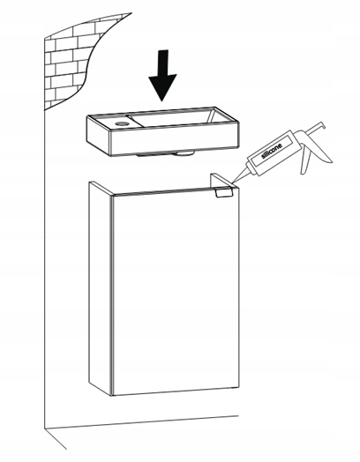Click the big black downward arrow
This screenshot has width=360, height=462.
pos(162,75)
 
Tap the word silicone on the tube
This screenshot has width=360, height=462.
pos(272,151)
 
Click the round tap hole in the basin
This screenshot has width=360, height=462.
pos(122,123)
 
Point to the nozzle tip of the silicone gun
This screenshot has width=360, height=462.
pos(232,183)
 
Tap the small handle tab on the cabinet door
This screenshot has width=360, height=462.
pos(224,192)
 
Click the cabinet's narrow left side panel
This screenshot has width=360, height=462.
pos(101,288)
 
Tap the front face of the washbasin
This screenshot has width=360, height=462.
pos(174,140)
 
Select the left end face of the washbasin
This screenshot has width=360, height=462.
pos(99,134)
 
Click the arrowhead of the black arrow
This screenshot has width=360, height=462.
pos(162,87)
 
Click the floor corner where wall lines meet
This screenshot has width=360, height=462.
pos(45,428)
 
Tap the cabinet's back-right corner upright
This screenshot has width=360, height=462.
pos(217,181)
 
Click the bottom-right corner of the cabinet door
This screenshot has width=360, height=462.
pos(239,389)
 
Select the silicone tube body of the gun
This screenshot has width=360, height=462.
pos(271,153)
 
